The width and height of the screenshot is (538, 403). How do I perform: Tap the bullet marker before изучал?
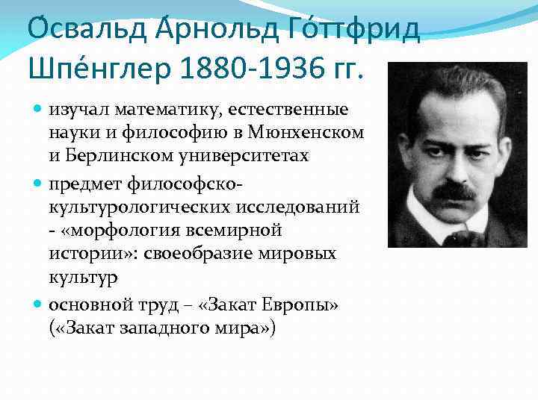38,110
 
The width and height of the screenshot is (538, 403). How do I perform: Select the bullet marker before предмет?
38,182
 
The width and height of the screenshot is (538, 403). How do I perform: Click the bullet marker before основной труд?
38,304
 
